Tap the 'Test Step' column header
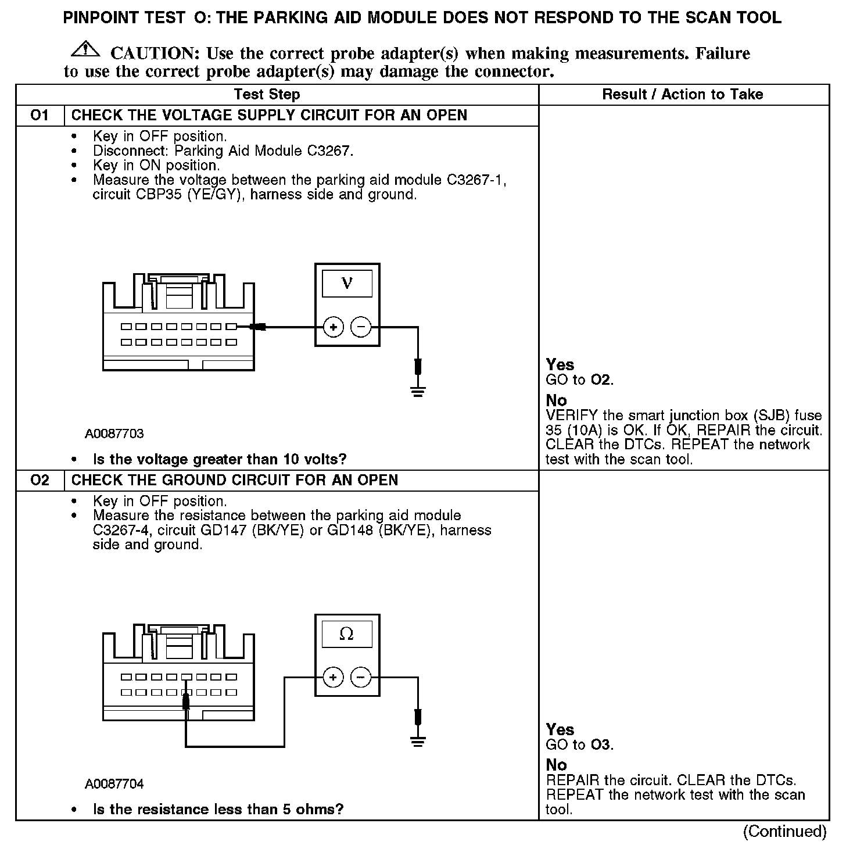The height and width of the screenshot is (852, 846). pos(267,95)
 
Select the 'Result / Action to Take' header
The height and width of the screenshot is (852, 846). pos(683,95)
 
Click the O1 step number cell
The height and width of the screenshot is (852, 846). pos(40,115)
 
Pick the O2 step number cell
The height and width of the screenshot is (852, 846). pos(40,480)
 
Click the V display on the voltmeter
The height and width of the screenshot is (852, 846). pos(347,284)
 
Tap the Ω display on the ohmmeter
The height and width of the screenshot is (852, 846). pos(346,634)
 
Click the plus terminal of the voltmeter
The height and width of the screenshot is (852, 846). pos(333,328)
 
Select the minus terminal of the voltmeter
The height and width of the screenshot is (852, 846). pos(361,328)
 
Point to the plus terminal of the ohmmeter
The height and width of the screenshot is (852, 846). pos(333,678)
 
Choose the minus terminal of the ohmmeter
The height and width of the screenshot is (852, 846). pos(361,678)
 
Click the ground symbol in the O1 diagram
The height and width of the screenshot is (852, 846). pos(417,391)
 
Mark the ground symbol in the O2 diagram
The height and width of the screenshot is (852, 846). pos(417,742)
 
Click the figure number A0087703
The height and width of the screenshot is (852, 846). pos(114,434)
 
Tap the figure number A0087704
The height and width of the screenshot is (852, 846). pos(114,784)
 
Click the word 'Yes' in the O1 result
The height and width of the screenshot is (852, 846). pos(560,365)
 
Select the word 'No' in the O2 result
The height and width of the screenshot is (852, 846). pos(556,765)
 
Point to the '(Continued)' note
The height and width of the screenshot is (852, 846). pos(784,832)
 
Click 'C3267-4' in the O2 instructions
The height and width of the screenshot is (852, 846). pos(123,530)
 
